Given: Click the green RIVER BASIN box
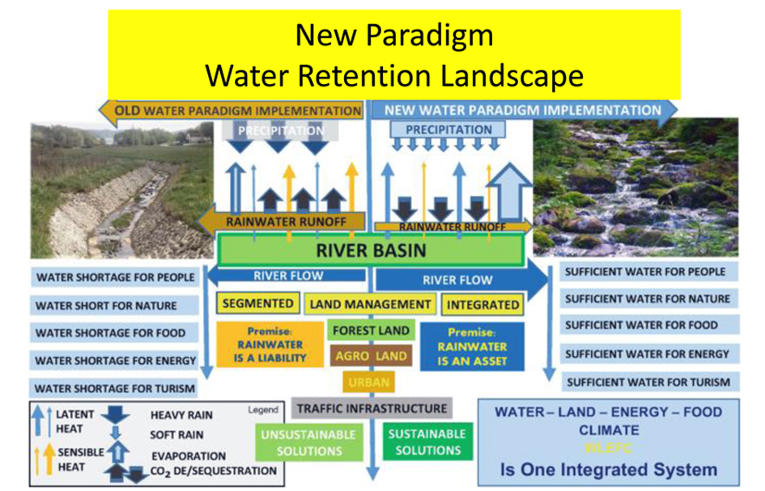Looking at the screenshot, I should click(372, 249).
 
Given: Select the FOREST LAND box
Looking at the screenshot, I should click(372, 330).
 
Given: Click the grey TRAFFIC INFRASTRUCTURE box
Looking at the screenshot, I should click(372, 408).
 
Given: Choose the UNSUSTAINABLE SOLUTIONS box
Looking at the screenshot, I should click(308, 442).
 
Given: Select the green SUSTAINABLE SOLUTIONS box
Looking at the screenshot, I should click(427, 442).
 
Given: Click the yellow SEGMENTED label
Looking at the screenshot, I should click(257, 304).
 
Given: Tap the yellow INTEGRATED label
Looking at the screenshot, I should click(482, 305).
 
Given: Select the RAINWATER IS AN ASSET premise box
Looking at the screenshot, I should click(471, 345).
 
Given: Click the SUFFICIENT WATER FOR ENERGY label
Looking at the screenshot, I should click(647, 353).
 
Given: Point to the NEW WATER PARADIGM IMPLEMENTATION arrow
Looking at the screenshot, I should click(522, 110).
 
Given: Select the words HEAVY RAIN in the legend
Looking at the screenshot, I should click(181, 415).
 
